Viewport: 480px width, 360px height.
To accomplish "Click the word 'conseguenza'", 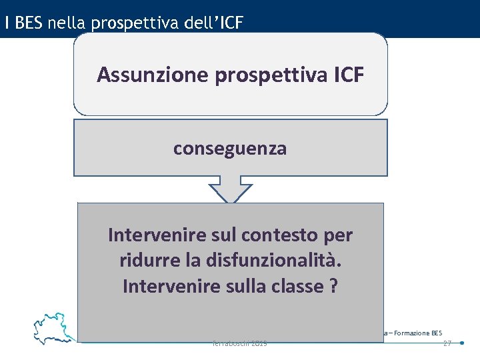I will tap(230, 148).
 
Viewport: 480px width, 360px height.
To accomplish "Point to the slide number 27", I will tap(447, 343).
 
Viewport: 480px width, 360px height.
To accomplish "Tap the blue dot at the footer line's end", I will tap(463, 343).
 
